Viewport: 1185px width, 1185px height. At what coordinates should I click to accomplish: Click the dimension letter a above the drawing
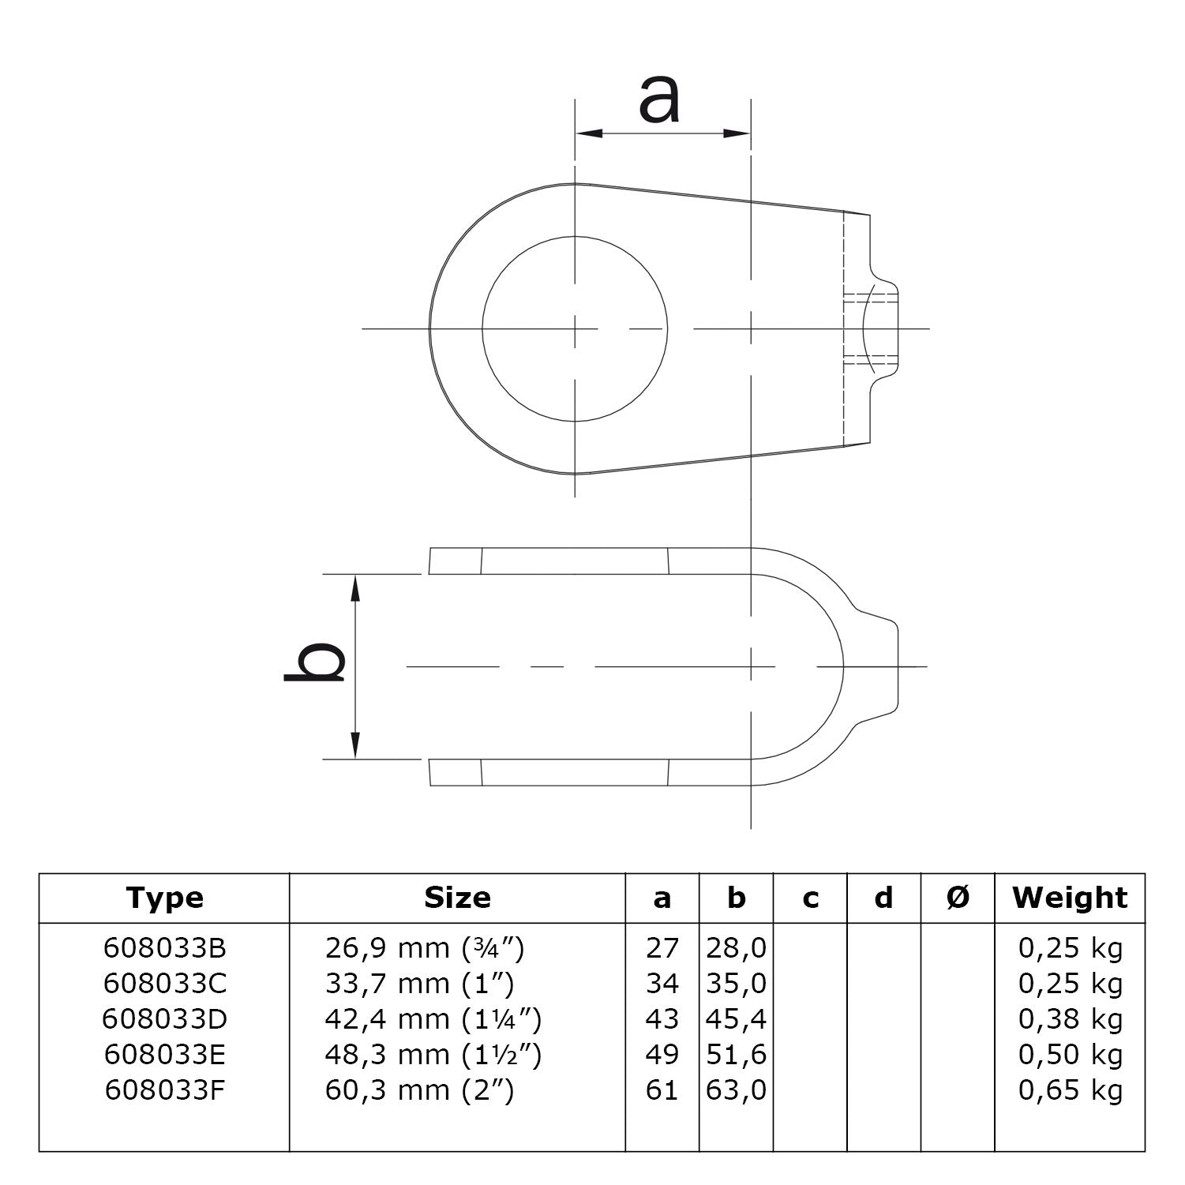click(658, 99)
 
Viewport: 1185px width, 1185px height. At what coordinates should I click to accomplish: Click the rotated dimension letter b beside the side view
click(315, 661)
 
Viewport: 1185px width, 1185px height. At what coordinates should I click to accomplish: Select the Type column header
click(164, 898)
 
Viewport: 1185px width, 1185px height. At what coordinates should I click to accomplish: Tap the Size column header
click(457, 898)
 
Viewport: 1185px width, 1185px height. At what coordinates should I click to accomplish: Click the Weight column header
click(1070, 898)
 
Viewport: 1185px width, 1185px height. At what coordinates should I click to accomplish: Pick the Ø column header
click(957, 898)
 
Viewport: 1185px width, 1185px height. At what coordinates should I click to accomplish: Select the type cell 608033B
click(164, 948)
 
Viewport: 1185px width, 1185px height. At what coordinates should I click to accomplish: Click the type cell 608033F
click(164, 1090)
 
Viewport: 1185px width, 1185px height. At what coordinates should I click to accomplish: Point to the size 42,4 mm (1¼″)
click(433, 1019)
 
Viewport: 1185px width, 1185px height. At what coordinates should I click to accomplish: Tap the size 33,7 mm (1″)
click(419, 984)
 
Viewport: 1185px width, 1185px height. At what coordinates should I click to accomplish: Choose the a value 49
click(662, 1055)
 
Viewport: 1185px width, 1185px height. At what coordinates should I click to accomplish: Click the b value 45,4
click(736, 1019)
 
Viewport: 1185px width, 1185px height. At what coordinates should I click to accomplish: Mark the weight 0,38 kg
click(1070, 1019)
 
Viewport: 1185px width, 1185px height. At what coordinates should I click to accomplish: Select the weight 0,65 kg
click(1070, 1090)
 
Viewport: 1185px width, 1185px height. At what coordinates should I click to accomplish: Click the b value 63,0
click(736, 1090)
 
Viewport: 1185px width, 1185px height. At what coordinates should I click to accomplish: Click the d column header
click(883, 898)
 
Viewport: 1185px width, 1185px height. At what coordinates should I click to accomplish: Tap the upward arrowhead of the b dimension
click(356, 587)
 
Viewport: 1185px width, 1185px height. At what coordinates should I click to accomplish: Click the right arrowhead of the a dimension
click(737, 133)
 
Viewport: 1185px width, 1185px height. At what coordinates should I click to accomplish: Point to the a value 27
click(662, 948)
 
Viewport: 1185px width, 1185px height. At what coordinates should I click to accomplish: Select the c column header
click(810, 898)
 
